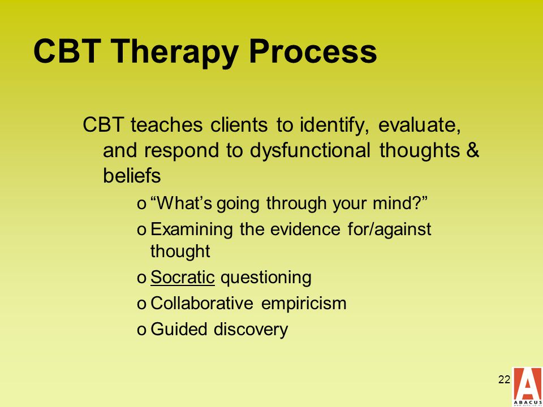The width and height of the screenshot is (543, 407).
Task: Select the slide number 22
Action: click(504, 380)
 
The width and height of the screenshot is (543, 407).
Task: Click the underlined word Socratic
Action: click(183, 277)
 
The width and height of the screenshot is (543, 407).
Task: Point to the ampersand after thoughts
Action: click(472, 150)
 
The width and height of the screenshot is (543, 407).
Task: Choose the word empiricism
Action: click(304, 304)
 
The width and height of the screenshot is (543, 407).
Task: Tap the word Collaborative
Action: click(202, 303)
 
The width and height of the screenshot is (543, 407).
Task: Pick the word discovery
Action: click(251, 330)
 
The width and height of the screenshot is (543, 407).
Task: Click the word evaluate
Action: click(419, 125)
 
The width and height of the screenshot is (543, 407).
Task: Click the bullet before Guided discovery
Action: click(141, 330)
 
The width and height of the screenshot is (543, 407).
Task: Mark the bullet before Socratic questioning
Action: click(141, 279)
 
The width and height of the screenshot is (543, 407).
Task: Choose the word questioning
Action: click(266, 278)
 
